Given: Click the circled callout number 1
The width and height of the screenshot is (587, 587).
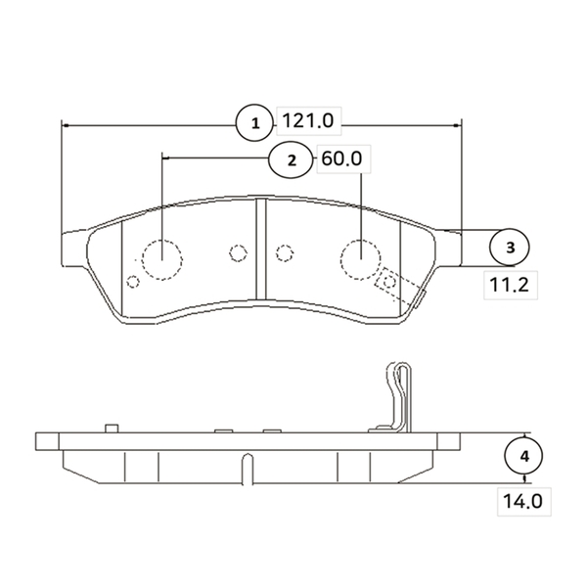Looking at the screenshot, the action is [x=255, y=123].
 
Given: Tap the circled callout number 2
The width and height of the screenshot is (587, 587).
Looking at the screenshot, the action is [x=291, y=160].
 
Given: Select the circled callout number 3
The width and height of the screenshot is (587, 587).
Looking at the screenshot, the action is [x=510, y=248].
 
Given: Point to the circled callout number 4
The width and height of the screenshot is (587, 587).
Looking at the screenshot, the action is [x=524, y=456].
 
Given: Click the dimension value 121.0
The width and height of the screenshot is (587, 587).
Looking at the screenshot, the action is [x=308, y=121].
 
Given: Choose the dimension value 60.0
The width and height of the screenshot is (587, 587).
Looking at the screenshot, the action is [x=341, y=158].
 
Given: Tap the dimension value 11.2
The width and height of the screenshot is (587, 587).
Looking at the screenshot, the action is [x=509, y=285].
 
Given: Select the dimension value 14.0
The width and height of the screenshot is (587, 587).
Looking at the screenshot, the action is [x=522, y=501].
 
